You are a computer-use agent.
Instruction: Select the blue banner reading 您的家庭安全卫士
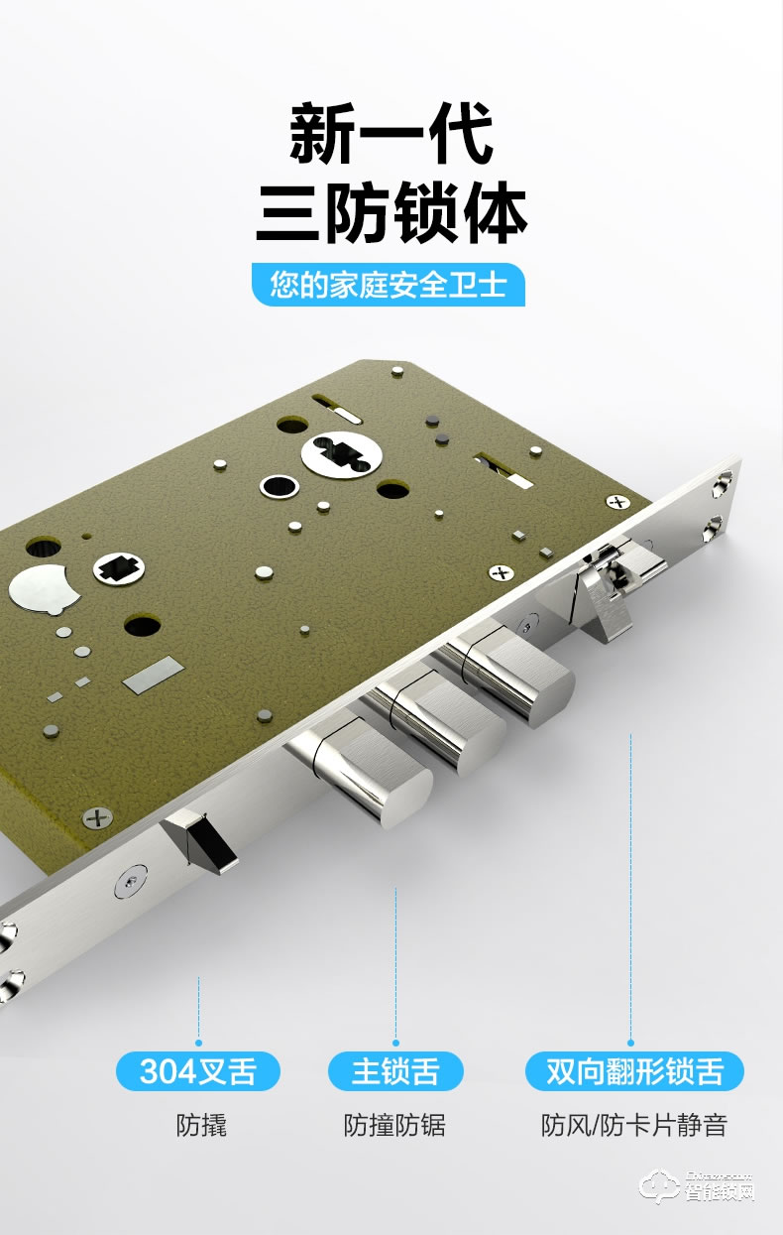(x=389, y=286)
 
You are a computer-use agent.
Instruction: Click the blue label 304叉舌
(x=198, y=1071)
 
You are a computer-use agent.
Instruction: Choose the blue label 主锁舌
(x=395, y=1071)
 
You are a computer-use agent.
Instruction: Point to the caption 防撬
(x=201, y=1125)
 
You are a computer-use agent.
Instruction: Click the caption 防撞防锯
(x=394, y=1125)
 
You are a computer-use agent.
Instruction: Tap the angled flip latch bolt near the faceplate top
(x=607, y=590)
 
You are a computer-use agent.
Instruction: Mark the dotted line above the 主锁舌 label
(x=395, y=962)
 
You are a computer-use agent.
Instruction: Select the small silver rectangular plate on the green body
(x=153, y=675)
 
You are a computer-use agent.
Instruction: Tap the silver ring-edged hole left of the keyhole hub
(x=280, y=486)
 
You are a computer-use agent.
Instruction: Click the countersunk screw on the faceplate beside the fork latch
(x=130, y=880)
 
